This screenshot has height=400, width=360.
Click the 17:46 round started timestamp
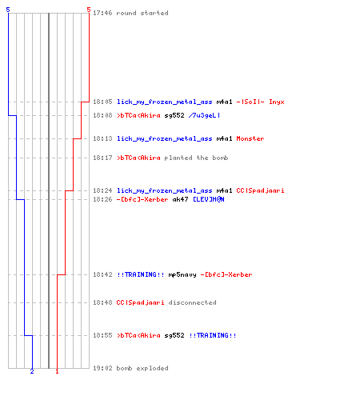coord(102,13)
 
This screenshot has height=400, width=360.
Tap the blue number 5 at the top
coord(8,10)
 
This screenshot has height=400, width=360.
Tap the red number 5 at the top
coord(89,10)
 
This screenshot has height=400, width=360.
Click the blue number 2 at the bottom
coord(32,371)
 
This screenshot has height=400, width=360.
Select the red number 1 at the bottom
coord(57,371)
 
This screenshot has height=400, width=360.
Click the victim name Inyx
coord(277,102)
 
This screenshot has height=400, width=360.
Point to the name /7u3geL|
coord(204,115)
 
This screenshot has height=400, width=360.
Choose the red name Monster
coord(250,138)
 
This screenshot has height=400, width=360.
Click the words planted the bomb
coord(196,158)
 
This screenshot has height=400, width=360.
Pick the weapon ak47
coord(180,199)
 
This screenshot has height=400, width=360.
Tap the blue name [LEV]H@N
coord(209,199)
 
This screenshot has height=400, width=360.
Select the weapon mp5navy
coord(182,274)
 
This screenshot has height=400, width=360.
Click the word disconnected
coord(192,302)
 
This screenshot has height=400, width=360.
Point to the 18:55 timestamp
coord(102,335)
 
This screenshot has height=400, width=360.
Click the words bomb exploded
coord(142,368)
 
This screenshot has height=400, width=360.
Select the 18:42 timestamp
coord(102,274)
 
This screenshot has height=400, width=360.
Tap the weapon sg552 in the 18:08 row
coord(174,115)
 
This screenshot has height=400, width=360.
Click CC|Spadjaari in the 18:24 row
coord(260,190)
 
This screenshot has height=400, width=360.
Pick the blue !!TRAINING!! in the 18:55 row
coord(213,335)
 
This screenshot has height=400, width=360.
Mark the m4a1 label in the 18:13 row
coord(224,138)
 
